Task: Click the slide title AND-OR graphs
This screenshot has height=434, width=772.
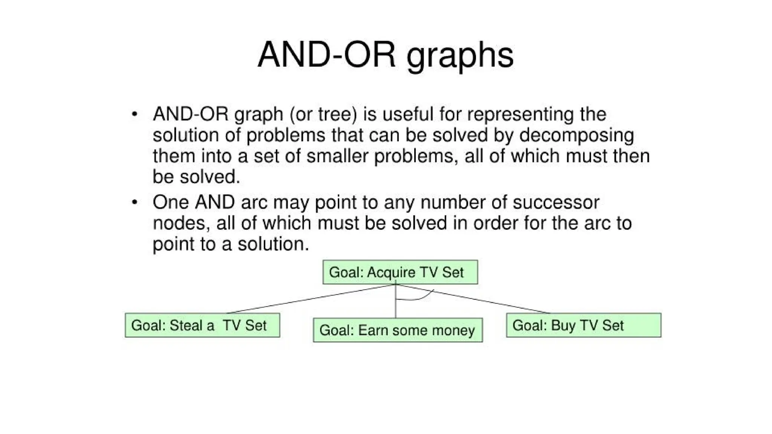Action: pyautogui.click(x=385, y=55)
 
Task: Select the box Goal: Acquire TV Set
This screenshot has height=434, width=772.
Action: pyautogui.click(x=400, y=272)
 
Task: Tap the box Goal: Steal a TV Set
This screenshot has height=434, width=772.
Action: pyautogui.click(x=202, y=325)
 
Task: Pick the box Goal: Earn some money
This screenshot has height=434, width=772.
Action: pyautogui.click(x=398, y=330)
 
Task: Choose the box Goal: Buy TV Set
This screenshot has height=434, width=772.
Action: pyautogui.click(x=583, y=325)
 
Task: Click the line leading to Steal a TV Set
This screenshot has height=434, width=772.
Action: pyautogui.click(x=309, y=300)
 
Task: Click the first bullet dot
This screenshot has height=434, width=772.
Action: pyautogui.click(x=135, y=114)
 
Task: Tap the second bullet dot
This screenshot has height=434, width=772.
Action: pyautogui.click(x=135, y=203)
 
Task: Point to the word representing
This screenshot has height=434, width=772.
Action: pyautogui.click(x=521, y=114)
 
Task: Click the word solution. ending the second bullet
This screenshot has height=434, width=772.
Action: pyautogui.click(x=273, y=244)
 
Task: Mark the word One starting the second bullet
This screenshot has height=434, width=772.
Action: pyautogui.click(x=171, y=203)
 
